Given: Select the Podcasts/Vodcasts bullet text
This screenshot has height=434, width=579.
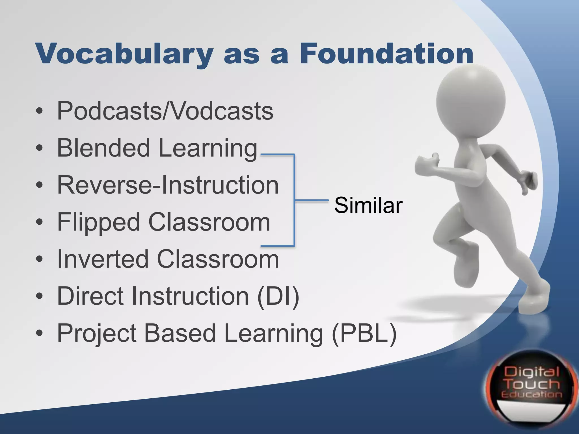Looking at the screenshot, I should (165, 111).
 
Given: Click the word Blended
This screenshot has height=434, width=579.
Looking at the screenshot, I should (103, 148).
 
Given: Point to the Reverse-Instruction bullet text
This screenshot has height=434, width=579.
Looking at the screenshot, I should (168, 185).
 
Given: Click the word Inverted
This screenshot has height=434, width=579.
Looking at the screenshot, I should (102, 259).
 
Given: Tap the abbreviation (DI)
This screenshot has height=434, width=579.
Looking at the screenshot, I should (278, 296).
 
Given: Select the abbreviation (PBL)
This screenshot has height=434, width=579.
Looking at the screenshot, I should (364, 333).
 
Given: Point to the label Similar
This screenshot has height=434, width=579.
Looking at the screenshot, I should (368, 205).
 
